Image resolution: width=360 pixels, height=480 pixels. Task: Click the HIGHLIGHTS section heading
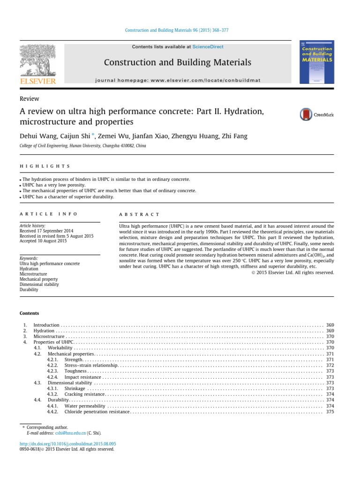[x=45, y=166]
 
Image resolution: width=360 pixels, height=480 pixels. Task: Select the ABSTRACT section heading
[x=139, y=214]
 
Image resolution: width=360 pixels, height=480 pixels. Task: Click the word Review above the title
[x=29, y=99]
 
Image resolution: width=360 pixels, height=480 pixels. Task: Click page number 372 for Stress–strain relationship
[x=330, y=365]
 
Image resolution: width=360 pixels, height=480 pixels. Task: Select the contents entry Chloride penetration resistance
[x=97, y=412]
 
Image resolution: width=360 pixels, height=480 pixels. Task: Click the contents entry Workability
[x=60, y=348]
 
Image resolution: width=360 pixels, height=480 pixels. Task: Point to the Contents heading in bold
[x=29, y=314]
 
